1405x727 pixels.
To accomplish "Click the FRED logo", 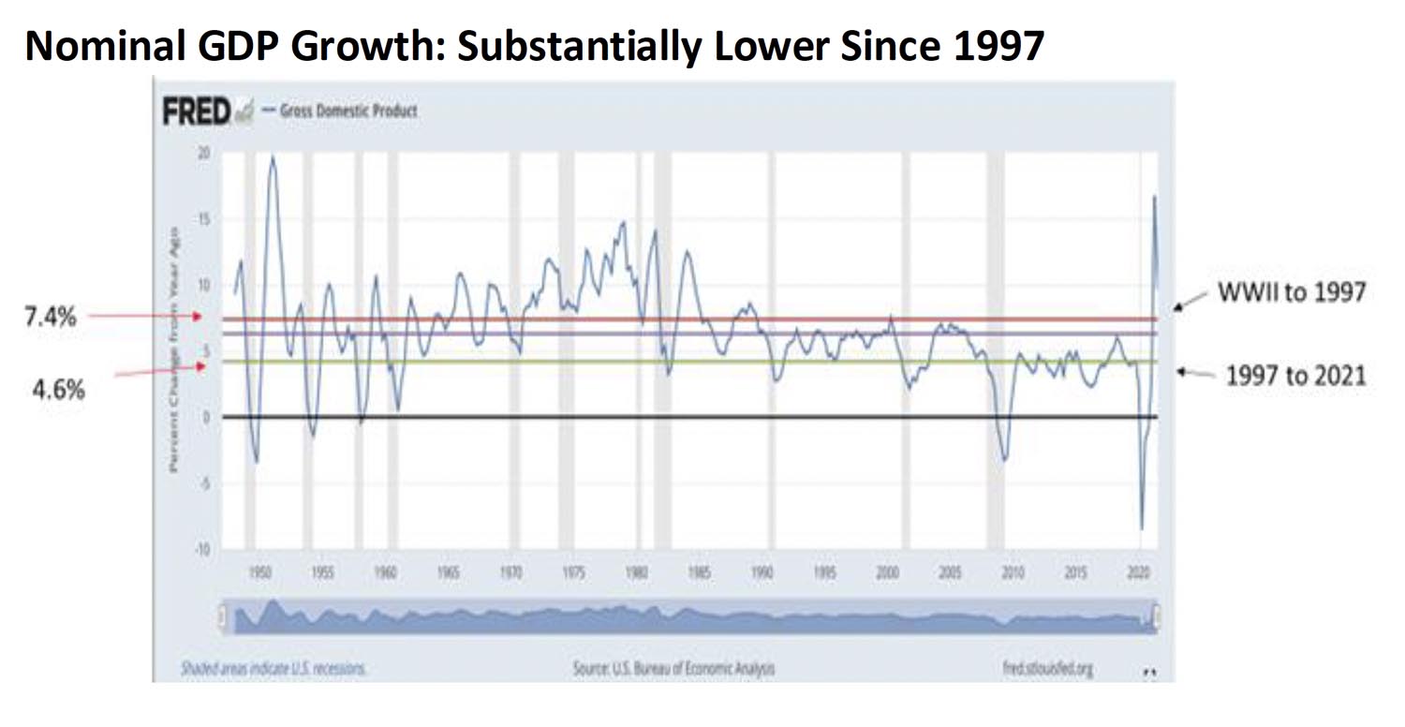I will click(x=197, y=111).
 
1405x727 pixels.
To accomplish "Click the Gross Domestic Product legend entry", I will click(x=348, y=111).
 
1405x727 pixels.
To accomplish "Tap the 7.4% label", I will click(x=49, y=318).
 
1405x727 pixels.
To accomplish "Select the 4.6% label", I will click(x=58, y=390).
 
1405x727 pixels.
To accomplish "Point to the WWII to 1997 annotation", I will click(x=1290, y=292).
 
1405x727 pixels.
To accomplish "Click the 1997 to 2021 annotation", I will click(x=1295, y=376).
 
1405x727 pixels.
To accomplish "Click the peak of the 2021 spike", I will click(x=1154, y=196).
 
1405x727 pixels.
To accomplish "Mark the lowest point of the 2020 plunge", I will click(x=1141, y=529).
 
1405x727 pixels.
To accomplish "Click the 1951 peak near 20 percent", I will click(x=273, y=156).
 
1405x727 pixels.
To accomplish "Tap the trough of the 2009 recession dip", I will click(x=1005, y=460).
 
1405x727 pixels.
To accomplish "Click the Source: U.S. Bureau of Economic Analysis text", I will click(x=673, y=669).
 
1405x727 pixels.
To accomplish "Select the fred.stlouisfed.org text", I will click(x=1047, y=669).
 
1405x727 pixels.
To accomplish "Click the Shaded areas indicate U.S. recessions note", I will click(x=274, y=669).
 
